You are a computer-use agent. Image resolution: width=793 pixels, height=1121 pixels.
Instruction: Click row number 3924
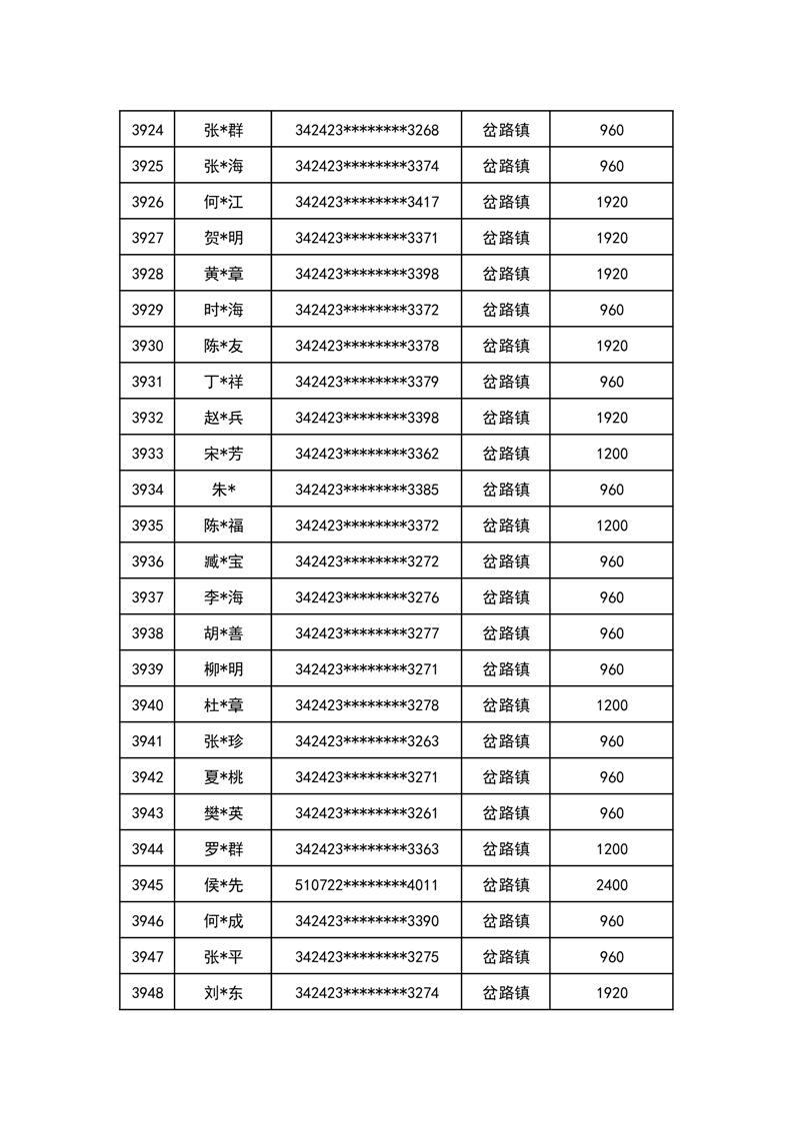coord(147,130)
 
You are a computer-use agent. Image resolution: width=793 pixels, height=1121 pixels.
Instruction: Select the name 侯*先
coord(223,885)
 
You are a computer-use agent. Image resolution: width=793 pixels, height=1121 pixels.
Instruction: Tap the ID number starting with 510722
coord(366,885)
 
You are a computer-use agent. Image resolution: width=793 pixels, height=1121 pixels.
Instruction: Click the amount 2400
coord(611,885)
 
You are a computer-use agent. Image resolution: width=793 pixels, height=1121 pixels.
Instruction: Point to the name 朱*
coord(223,490)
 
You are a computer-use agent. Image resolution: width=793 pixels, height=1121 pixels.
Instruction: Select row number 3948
coord(147,993)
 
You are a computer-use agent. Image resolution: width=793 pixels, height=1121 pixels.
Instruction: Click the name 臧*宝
coord(223,561)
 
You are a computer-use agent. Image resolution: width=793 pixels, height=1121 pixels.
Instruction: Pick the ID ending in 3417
coord(366,202)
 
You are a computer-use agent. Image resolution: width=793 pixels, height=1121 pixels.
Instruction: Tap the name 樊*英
coord(223,813)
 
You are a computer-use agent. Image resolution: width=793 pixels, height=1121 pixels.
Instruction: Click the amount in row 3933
coord(611,454)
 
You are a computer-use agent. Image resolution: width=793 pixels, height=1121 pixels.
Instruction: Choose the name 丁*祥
coord(223,382)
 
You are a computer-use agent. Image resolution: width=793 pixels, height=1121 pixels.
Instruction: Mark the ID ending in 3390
coord(366,921)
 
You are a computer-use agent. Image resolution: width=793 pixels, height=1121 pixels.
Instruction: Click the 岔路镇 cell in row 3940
coord(506,705)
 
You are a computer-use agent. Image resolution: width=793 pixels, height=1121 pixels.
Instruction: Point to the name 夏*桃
coord(223,777)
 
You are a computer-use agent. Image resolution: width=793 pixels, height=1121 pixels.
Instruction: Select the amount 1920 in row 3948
coord(611,993)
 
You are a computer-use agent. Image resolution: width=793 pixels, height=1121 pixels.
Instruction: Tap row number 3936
coord(147,561)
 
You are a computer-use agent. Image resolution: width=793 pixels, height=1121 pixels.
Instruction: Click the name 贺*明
coord(223,238)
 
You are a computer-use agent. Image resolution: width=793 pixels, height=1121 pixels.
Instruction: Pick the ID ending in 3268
coord(366,130)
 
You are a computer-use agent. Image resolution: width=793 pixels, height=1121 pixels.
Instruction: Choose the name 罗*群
coord(223,849)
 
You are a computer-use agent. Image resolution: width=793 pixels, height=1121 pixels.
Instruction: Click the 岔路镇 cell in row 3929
coord(506,310)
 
